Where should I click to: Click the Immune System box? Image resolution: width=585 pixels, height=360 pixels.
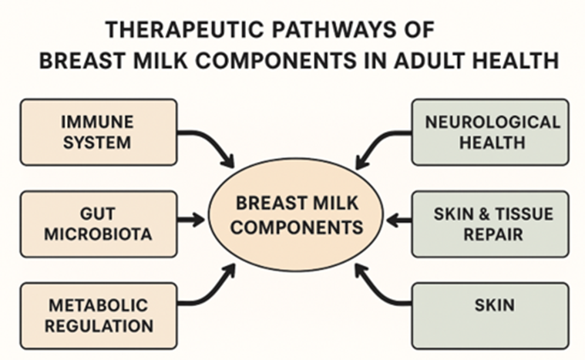pos(98,132)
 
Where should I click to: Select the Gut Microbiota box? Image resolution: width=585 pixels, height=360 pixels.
pos(98,224)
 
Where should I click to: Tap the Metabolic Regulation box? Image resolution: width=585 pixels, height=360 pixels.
pos(98,315)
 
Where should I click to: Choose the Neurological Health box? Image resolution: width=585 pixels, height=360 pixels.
pos(490,132)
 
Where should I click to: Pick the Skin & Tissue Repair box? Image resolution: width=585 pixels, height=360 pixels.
pos(490,224)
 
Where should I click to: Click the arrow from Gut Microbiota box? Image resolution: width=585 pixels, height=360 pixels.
pos(192,220)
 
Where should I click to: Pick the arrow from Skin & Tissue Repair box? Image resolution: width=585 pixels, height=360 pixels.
pos(398,220)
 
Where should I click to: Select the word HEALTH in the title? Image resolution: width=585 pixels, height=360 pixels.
pos(513,61)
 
